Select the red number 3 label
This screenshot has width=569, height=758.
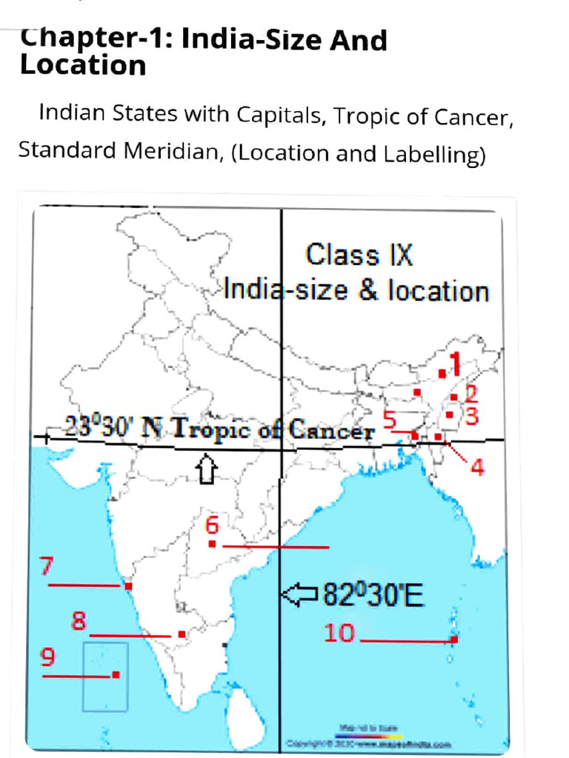[471, 416]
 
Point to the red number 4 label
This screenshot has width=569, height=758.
[477, 467]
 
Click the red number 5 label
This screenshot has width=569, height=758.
[390, 418]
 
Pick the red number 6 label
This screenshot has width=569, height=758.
[212, 526]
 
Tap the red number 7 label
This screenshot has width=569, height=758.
[47, 567]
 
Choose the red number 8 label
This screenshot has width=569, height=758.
[79, 620]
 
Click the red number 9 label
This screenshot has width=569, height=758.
[47, 657]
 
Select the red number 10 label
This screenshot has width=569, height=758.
[339, 632]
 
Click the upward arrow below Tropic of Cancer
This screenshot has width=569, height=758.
[207, 468]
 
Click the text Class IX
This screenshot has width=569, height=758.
[359, 255]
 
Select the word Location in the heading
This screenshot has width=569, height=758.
[83, 65]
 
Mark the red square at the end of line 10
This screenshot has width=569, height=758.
[453, 640]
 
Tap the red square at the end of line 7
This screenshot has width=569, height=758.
[128, 586]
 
